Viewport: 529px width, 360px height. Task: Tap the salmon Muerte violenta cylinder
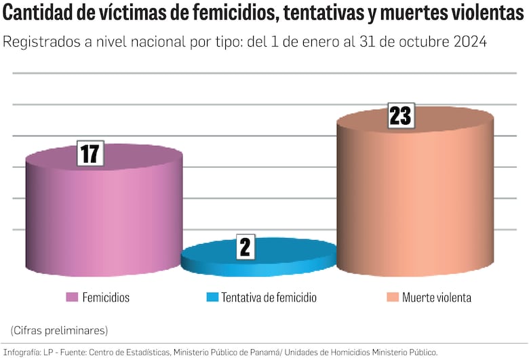pos(415,203)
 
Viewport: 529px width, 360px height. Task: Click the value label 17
pos(90,154)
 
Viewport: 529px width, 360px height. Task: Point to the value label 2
pos(245,247)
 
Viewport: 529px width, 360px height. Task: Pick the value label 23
pos(401,116)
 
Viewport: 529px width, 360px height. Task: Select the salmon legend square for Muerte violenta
pos(391,298)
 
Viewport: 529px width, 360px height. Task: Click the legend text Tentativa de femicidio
pos(269,298)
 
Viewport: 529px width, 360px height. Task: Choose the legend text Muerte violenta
pos(436,298)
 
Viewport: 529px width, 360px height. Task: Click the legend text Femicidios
pos(106,298)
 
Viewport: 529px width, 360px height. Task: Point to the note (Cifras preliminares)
pos(59,330)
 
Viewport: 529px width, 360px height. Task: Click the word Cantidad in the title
pos(41,14)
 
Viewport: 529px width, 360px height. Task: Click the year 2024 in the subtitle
pos(467,41)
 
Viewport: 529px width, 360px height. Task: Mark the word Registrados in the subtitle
pos(40,41)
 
